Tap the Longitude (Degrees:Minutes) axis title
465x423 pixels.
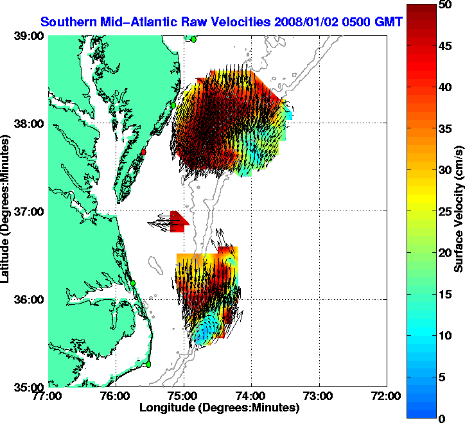[219, 408]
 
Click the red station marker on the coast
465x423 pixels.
[145, 152]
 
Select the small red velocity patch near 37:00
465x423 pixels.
[178, 220]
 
